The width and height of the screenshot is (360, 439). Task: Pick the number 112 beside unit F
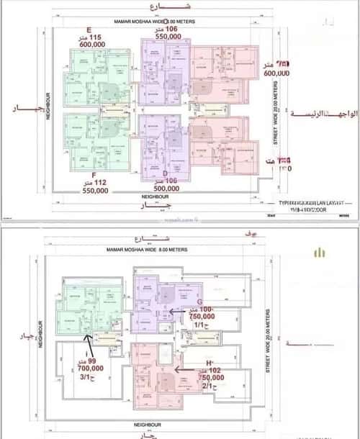pos(81,184)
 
